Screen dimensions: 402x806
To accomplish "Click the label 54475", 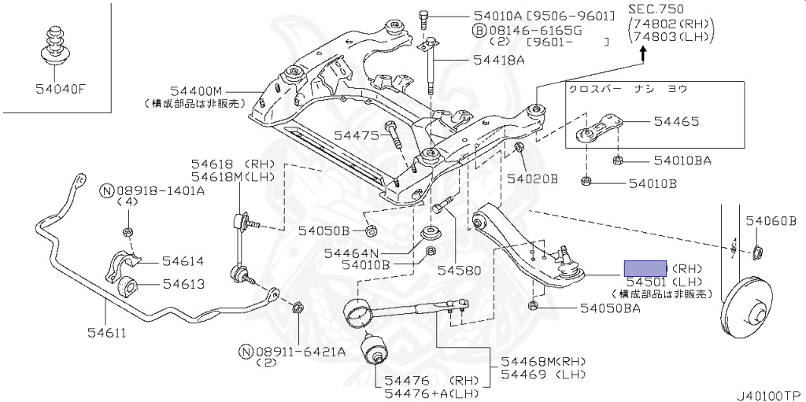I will pyautogui.click(x=357, y=136).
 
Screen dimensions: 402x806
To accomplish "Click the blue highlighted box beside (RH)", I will pyautogui.click(x=645, y=267).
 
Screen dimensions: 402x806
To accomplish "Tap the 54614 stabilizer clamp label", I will pyautogui.click(x=183, y=262).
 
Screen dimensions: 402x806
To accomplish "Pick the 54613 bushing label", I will pyautogui.click(x=183, y=285).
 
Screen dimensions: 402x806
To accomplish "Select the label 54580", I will pyautogui.click(x=459, y=270).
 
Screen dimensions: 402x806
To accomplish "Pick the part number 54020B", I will pyautogui.click(x=532, y=179).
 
